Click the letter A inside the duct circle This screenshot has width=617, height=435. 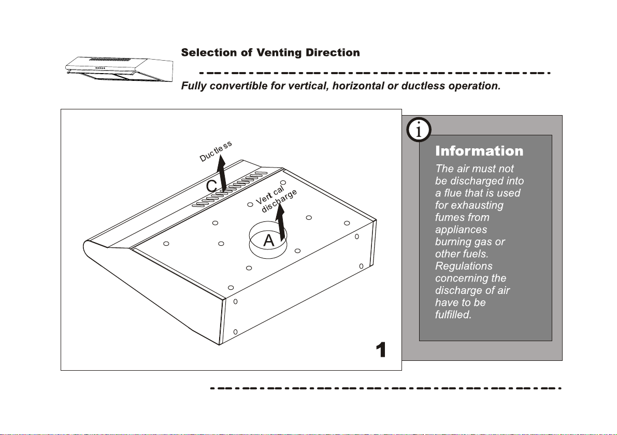coord(268,240)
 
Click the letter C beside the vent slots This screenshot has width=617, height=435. coord(212,186)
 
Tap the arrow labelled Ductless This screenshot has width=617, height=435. coord(222,173)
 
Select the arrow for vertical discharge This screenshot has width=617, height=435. coord(280,222)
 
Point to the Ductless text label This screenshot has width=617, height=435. coord(216,151)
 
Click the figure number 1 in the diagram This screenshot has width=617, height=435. coord(381,349)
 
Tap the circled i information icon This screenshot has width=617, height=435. coord(419,130)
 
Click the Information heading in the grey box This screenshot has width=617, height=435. coord(479,151)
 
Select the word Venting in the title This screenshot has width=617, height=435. coord(279,53)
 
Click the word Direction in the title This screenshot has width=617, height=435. coord(333,52)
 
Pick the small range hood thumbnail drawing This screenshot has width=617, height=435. coord(119,69)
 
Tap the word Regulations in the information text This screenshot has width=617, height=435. coord(464,266)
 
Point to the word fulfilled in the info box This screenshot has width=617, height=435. coord(453,315)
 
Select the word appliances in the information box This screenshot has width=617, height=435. coord(461,230)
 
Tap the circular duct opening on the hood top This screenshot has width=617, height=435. coord(268,240)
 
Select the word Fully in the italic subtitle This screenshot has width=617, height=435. coord(194,86)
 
